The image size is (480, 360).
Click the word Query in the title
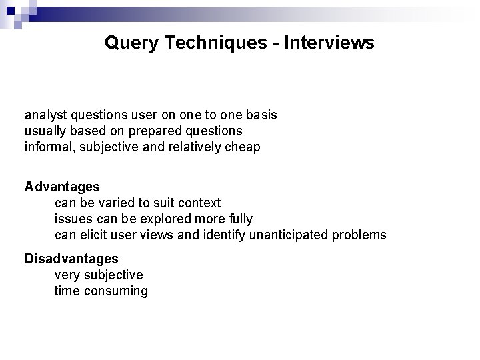[128, 43]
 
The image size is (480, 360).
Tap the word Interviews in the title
[329, 43]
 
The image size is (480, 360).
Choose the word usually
[45, 131]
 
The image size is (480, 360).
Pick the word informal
[49, 147]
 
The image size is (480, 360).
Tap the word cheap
[243, 147]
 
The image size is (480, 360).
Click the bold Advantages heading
[62, 187]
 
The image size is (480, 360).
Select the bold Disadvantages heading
[71, 259]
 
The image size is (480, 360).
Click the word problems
[360, 235]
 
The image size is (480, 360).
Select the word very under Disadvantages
[66, 275]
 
